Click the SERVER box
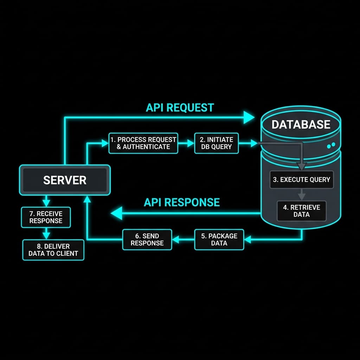pos(65,180)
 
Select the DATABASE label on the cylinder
pos(301,124)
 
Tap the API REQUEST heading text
pos(180,108)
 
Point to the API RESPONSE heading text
pos(182,202)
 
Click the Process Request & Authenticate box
pos(143,143)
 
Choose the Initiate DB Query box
pos(217,143)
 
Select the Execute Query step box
pos(301,180)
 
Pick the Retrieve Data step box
pos(301,211)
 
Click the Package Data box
pos(219,239)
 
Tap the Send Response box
pos(147,239)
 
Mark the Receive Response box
pos(46,217)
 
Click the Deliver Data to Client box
pos(53,250)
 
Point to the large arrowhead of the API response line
pos(117,213)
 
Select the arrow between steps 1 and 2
pos(186,143)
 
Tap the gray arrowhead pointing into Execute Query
pos(301,166)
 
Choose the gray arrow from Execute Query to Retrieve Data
pos(301,195)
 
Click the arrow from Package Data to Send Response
pos(183,239)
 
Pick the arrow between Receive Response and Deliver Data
pos(46,233)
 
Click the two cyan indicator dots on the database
pos(331,145)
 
